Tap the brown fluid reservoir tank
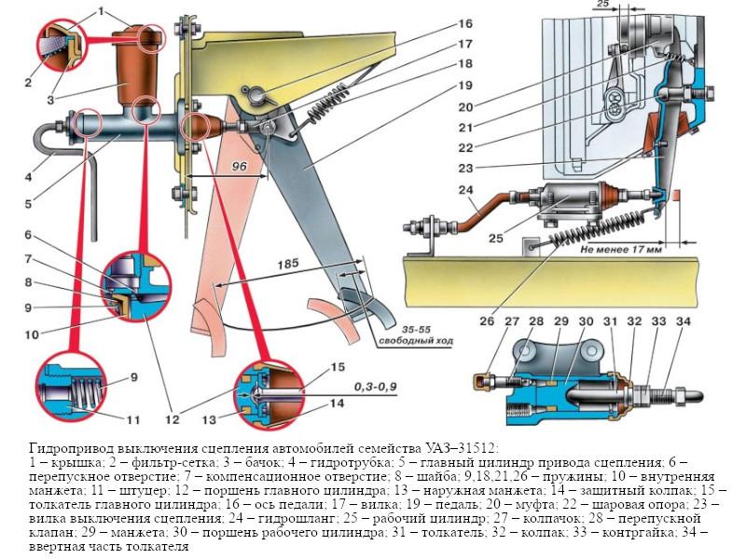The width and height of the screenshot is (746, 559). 138,70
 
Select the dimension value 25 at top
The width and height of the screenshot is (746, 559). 628,5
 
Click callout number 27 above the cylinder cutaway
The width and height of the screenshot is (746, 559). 512,322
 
